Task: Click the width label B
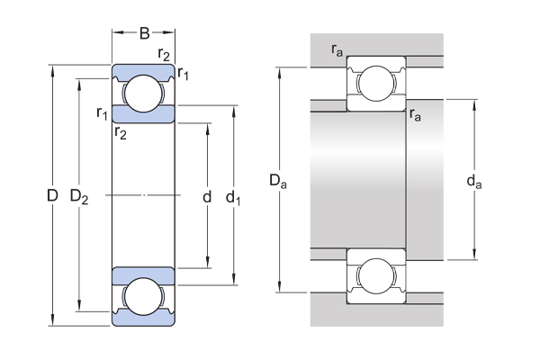point(143,35)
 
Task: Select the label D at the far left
point(52,194)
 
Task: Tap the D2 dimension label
point(79,195)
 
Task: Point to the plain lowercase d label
point(207,195)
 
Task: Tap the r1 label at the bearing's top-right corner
point(184,74)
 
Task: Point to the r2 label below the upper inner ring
point(121,132)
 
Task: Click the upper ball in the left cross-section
point(142,92)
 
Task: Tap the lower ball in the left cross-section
point(142,296)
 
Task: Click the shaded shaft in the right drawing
point(360,180)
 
